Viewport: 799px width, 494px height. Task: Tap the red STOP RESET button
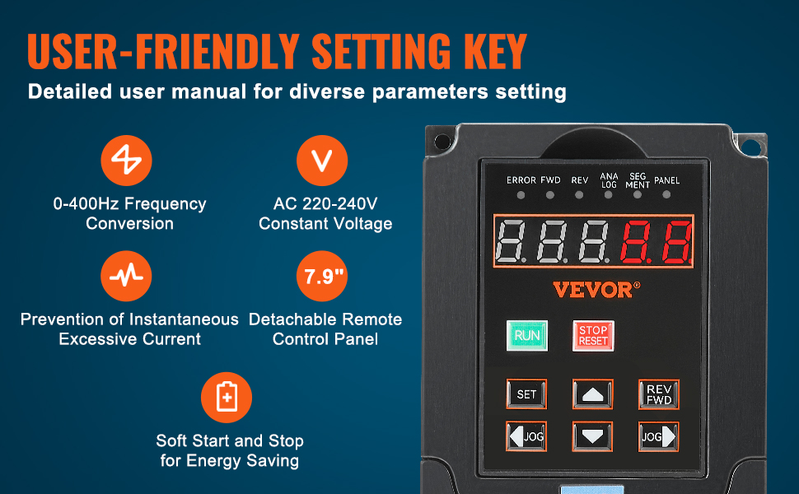[593, 336]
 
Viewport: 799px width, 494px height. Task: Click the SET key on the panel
[526, 394]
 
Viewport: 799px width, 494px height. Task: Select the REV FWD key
[659, 394]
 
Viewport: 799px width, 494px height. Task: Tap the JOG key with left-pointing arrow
[526, 436]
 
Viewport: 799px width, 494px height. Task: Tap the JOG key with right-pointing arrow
[659, 437]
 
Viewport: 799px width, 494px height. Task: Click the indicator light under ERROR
[521, 195]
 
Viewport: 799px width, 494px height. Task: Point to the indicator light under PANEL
[666, 194]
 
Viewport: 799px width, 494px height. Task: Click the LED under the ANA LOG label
[608, 194]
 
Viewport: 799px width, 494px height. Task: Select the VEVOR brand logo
[596, 290]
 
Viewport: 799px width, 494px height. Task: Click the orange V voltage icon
[322, 161]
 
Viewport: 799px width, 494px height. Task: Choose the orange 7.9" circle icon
[322, 276]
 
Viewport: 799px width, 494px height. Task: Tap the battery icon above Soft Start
[227, 397]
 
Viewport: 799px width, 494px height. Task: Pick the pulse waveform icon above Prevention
[126, 276]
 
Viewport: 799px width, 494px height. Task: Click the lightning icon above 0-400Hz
[126, 161]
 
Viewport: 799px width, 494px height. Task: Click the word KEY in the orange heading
[495, 51]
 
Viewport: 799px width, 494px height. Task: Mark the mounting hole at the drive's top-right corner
[750, 147]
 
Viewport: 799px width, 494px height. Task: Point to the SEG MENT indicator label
[638, 181]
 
